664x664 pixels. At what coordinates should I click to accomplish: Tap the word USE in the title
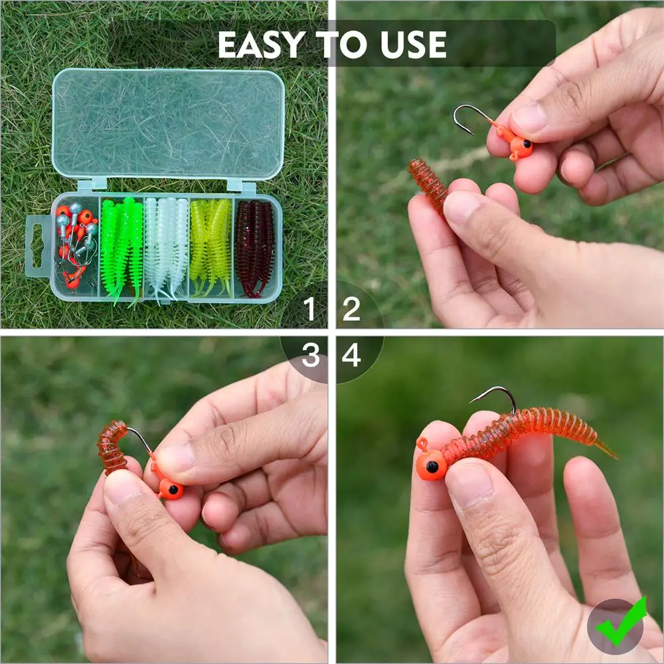pyautogui.click(x=413, y=44)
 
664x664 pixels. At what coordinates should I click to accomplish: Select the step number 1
pyautogui.click(x=309, y=309)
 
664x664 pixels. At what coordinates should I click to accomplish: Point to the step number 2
pyautogui.click(x=351, y=309)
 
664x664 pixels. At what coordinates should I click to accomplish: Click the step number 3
pyautogui.click(x=310, y=355)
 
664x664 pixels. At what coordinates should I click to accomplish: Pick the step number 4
pyautogui.click(x=351, y=355)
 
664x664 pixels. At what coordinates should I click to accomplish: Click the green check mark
pyautogui.click(x=621, y=621)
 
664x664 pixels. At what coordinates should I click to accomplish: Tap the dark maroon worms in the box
pyautogui.click(x=255, y=248)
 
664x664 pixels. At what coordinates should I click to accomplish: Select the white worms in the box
pyautogui.click(x=166, y=248)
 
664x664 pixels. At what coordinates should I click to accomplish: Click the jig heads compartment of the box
pyautogui.click(x=76, y=246)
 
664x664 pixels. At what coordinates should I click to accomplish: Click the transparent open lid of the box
pyautogui.click(x=168, y=124)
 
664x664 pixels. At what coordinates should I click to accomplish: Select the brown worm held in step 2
pyautogui.click(x=428, y=185)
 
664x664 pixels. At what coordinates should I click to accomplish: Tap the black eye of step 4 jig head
pyautogui.click(x=432, y=467)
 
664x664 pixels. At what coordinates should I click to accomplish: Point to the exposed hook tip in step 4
pyautogui.click(x=471, y=401)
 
